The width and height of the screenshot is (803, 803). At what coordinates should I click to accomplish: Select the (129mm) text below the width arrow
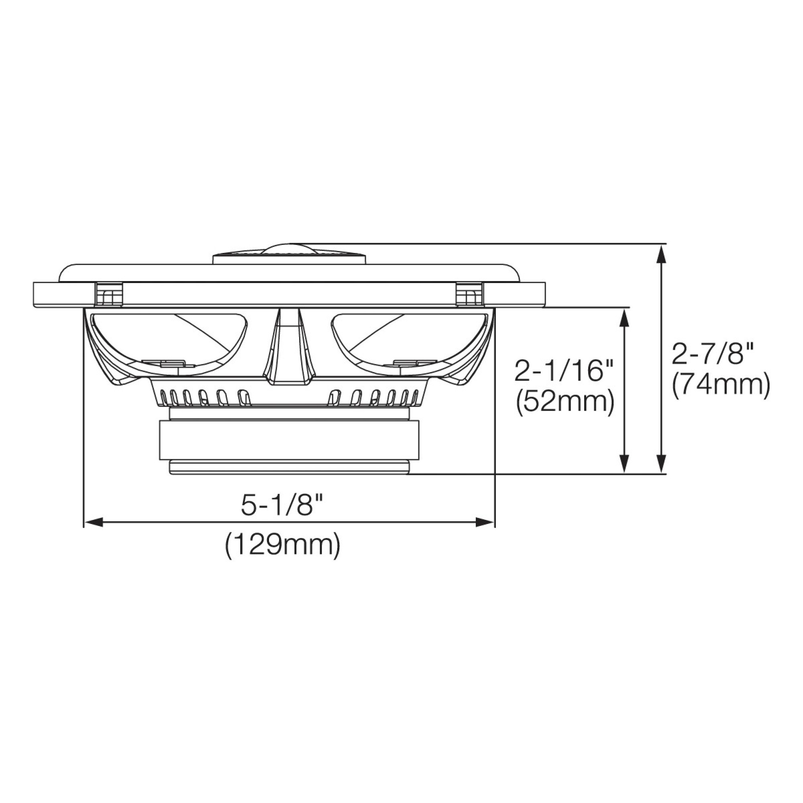[x=283, y=546]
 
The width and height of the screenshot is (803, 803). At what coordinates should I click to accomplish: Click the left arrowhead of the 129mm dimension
[x=94, y=522]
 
